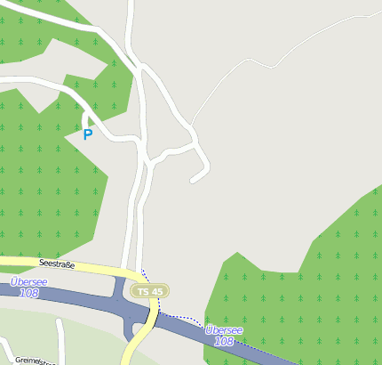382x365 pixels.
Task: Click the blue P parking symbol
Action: coord(87,135)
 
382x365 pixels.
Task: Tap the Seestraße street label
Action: coord(57,264)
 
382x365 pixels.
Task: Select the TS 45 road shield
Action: coord(148,291)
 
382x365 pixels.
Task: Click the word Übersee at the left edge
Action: coord(29,281)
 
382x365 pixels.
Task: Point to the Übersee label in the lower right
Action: coord(224,329)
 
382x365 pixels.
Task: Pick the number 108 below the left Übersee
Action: coord(28,293)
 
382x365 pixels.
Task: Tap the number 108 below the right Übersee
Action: coord(224,341)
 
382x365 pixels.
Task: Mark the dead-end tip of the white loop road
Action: coord(192,181)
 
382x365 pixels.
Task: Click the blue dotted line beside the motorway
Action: coord(182,317)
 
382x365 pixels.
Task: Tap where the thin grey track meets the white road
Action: coord(192,125)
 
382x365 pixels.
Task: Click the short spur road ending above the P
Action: coord(84,118)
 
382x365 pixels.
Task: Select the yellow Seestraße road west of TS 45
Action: coord(89,268)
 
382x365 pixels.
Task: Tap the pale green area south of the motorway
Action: coord(89,334)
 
